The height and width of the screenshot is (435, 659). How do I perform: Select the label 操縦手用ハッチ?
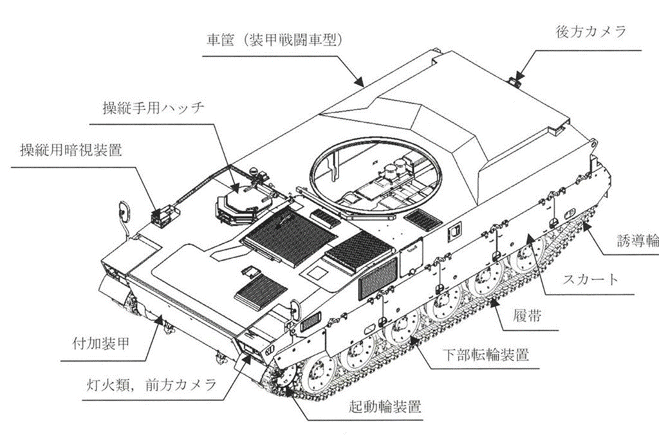click(154, 107)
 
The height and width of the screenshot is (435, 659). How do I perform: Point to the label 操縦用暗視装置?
click(71, 151)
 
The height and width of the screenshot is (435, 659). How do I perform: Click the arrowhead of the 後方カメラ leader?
click(517, 79)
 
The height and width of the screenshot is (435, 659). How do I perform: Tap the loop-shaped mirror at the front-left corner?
click(123, 211)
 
